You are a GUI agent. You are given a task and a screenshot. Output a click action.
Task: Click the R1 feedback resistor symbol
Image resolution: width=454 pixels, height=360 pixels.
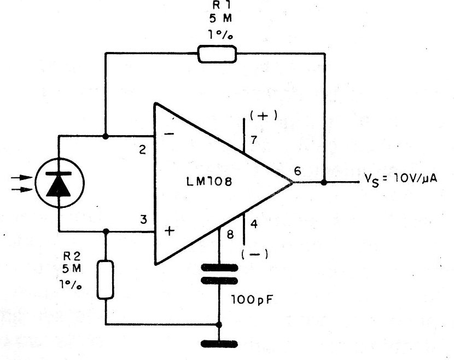click(x=217, y=54)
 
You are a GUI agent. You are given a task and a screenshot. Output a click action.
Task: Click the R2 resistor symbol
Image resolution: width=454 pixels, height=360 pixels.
click(x=105, y=280)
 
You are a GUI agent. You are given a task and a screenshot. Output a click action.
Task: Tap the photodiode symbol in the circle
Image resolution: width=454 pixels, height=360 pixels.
click(x=60, y=183)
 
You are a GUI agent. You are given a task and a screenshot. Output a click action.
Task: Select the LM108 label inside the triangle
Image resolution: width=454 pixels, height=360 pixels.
click(x=209, y=182)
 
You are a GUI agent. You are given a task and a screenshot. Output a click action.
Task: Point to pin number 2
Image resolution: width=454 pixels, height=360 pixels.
click(x=142, y=150)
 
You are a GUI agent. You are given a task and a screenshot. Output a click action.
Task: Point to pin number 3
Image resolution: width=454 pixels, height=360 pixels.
click(x=143, y=219)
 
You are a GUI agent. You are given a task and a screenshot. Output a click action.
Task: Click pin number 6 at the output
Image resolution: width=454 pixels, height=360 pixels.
click(x=298, y=171)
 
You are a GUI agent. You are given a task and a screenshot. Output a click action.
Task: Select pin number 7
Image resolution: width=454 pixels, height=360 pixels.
click(x=254, y=140)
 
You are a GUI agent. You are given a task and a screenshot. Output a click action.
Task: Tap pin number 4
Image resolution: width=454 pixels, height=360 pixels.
click(x=254, y=224)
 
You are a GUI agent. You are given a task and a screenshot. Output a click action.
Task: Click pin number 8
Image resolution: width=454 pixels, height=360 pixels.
click(x=230, y=234)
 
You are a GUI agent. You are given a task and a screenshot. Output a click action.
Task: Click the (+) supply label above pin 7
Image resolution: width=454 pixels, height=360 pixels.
click(x=264, y=116)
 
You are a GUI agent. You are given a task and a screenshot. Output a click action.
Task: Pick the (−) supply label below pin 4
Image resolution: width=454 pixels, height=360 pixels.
click(x=255, y=254)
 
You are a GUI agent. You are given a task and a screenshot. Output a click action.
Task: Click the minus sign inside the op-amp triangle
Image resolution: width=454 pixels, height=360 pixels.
click(x=169, y=133)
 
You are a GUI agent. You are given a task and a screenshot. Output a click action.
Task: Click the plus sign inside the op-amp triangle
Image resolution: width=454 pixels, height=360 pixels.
click(x=170, y=231)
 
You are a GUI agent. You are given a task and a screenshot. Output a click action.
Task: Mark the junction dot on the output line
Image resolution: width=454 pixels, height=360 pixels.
click(x=324, y=182)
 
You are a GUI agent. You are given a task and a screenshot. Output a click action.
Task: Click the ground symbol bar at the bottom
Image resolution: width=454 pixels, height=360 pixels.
click(x=219, y=344)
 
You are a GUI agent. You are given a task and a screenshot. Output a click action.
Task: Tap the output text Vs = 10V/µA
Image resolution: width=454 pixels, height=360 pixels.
click(x=400, y=179)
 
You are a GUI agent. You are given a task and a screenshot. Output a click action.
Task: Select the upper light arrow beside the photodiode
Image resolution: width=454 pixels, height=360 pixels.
click(x=22, y=178)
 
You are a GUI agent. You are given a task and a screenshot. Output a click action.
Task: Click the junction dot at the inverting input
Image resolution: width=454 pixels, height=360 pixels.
click(x=106, y=136)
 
